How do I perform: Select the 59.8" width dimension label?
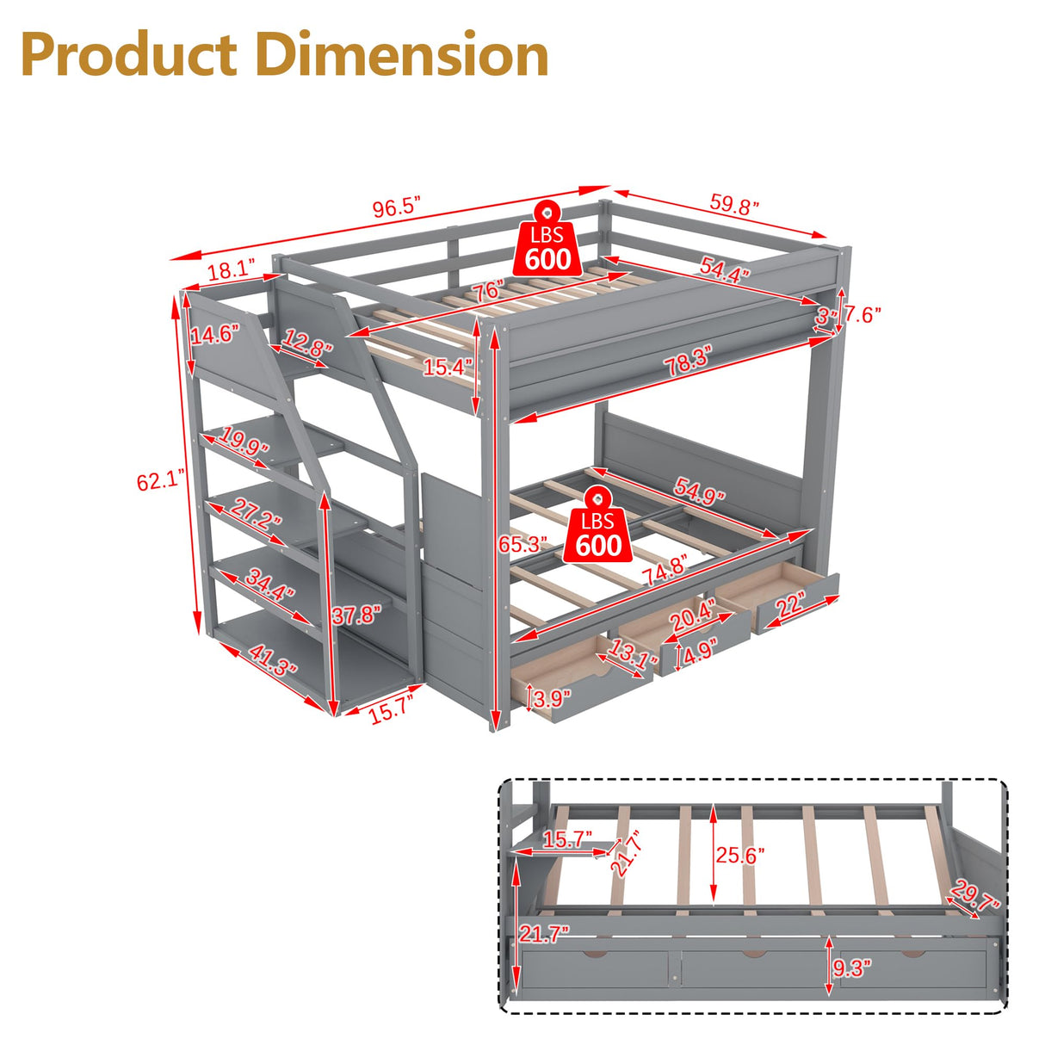pos(734,205)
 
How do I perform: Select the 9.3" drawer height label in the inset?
pos(852,968)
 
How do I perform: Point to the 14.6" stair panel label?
pos(214,334)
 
